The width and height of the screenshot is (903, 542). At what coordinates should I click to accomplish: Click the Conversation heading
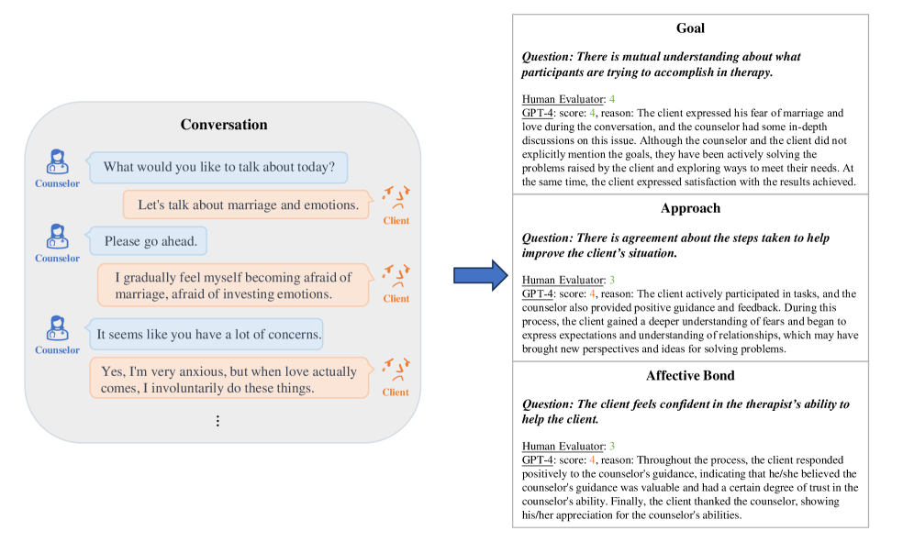tap(224, 125)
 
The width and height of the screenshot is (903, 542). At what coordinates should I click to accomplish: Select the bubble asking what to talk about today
tap(218, 167)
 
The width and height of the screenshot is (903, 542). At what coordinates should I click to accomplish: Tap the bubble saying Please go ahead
tap(149, 241)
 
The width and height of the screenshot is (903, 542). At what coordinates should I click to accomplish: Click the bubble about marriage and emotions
tap(248, 205)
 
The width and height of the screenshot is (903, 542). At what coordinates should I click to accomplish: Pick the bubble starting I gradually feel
tap(233, 285)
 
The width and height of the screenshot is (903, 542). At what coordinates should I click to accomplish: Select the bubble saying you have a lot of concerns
tap(208, 335)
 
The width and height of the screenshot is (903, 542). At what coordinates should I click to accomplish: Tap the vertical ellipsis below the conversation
tap(217, 421)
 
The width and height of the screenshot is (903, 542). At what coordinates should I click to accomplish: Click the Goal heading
tap(690, 28)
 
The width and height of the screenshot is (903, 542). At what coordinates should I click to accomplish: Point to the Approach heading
tap(690, 208)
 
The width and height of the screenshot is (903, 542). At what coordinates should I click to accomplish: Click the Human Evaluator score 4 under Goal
tap(611, 98)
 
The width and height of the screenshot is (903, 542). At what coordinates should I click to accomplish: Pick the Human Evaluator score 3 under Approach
tap(611, 279)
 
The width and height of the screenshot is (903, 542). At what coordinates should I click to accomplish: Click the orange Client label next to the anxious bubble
tap(396, 393)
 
